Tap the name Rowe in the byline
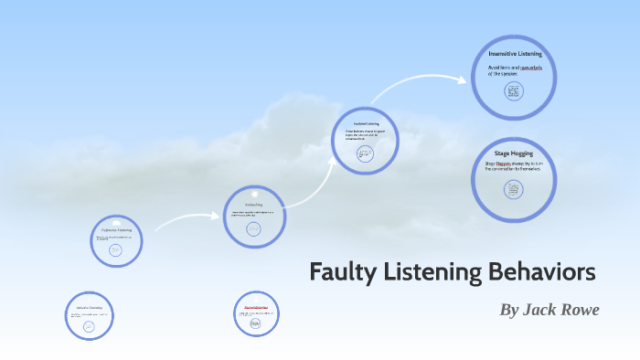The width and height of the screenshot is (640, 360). click(x=575, y=310)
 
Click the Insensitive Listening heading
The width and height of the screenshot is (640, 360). click(x=514, y=55)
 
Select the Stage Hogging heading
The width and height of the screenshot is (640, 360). click(x=513, y=153)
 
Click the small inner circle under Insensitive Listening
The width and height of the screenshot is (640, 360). click(x=512, y=91)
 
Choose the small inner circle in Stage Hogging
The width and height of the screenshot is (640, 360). click(x=513, y=189)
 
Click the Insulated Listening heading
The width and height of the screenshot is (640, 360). click(x=366, y=123)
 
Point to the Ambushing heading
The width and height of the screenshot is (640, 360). click(x=255, y=204)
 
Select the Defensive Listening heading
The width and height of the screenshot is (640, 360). click(x=116, y=229)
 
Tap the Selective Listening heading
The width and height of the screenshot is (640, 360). click(x=90, y=308)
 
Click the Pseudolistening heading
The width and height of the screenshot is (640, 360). click(x=255, y=307)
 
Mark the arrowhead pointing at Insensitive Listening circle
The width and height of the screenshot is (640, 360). click(x=466, y=79)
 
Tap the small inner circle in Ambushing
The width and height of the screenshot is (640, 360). click(x=255, y=228)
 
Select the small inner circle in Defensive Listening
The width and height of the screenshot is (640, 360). click(x=116, y=249)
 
